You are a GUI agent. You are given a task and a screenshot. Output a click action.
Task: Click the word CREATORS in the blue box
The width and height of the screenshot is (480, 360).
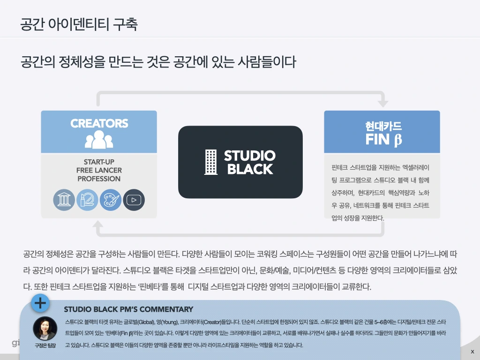coord(99,123)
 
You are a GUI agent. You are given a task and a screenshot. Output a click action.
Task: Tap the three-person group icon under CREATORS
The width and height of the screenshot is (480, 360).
coord(99,139)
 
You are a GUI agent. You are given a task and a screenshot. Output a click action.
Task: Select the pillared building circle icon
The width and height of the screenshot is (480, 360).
coord(64,200)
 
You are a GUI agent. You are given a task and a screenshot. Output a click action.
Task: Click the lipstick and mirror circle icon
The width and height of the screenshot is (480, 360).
coord(87,200)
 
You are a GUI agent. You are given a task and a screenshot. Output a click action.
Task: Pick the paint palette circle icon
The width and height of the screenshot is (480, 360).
coord(111,200)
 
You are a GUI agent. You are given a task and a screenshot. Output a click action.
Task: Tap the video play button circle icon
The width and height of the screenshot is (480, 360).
coord(134,200)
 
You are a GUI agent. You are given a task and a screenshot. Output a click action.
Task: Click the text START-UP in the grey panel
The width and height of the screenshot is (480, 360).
coord(99,162)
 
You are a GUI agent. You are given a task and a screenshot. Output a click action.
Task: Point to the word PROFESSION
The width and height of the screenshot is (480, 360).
coord(99,179)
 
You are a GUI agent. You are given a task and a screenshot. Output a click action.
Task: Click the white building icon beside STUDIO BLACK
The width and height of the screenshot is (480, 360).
coord(211,162)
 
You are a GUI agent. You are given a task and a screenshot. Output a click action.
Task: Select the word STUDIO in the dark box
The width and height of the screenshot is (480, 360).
coord(249,156)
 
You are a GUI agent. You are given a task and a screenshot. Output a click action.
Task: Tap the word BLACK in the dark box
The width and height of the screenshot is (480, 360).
coord(250,169)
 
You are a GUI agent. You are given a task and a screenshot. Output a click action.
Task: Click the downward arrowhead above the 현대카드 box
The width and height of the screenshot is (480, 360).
coord(383,102)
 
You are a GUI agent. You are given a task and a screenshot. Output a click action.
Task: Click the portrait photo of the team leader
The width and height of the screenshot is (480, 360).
coord(45,329)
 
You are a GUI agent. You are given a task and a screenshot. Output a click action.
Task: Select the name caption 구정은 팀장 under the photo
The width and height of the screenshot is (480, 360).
coord(45,345)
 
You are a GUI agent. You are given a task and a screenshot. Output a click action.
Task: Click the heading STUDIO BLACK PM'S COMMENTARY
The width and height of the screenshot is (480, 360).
coord(128,309)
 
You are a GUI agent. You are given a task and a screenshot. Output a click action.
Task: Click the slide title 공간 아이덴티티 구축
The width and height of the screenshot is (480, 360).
coord(79,24)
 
